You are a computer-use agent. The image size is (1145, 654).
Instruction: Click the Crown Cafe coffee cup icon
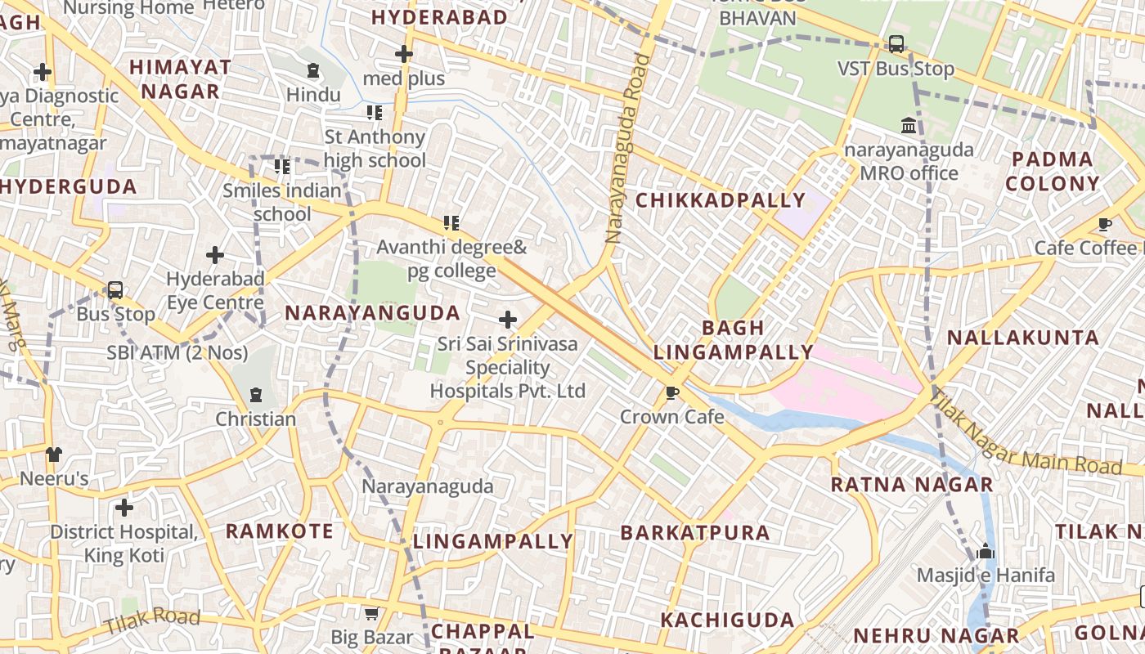pos(672,393)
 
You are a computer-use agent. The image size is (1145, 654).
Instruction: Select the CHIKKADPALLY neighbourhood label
pos(721,200)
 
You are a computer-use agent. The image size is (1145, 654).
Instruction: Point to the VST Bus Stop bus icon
pos(896,44)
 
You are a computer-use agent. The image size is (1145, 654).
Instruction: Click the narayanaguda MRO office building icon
pos(909,126)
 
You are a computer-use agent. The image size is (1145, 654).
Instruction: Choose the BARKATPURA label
pos(695,533)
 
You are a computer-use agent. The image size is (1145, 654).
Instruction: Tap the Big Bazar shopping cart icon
pos(371,613)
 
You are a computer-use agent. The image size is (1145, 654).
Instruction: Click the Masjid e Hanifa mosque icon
pos(986,551)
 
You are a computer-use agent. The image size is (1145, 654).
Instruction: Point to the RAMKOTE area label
pos(280,531)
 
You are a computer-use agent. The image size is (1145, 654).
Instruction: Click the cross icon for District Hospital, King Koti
pos(124,508)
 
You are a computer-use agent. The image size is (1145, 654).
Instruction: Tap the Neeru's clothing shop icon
pos(54,454)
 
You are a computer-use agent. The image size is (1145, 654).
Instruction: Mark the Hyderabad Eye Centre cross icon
pos(215,255)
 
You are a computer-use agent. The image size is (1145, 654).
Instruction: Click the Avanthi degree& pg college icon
pos(451,222)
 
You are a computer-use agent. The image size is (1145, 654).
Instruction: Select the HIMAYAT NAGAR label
pos(180,78)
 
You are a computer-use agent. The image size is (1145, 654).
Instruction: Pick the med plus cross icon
pos(404,54)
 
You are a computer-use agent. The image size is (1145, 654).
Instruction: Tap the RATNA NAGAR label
pos(912,485)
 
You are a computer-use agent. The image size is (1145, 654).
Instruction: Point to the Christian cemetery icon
pos(256,395)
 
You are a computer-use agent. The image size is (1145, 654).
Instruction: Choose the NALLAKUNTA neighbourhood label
pos(1022,338)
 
